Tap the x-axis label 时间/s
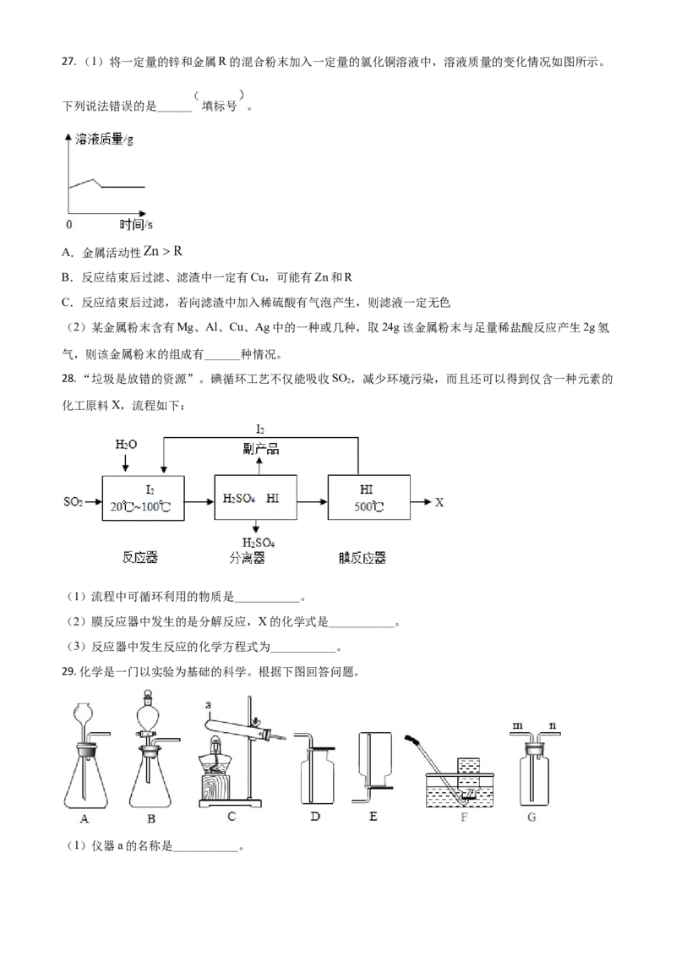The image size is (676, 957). (x=135, y=225)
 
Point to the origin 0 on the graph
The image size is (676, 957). (x=68, y=225)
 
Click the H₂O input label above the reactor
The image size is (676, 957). (x=125, y=445)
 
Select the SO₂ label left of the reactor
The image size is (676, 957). (x=74, y=502)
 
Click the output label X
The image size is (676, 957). (x=439, y=502)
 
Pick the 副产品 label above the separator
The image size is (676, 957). (x=261, y=450)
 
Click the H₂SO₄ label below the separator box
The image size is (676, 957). (x=259, y=542)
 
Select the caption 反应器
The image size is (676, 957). (x=140, y=559)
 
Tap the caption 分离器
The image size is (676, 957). (x=247, y=559)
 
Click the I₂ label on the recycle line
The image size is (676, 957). (x=260, y=430)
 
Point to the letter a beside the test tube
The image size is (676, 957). (x=206, y=703)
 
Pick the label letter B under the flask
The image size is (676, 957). (x=150, y=818)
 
